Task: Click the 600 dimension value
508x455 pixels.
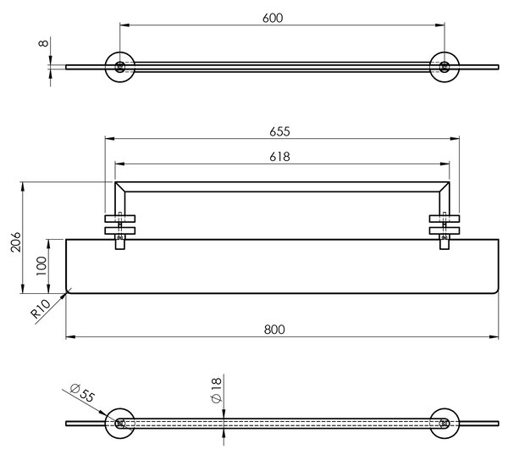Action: click(x=273, y=18)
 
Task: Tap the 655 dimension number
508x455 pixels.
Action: click(x=279, y=131)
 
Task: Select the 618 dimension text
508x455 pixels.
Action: click(x=279, y=157)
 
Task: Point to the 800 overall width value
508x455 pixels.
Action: click(x=274, y=330)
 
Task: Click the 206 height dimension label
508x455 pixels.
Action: click(x=15, y=241)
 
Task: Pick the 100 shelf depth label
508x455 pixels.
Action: click(x=41, y=266)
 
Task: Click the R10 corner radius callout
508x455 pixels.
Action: click(x=41, y=308)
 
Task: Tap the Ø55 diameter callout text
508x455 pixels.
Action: click(x=83, y=392)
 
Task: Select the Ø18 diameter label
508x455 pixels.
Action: click(x=216, y=390)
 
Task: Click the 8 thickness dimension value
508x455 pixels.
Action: click(x=43, y=43)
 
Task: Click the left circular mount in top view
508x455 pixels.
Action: click(x=120, y=67)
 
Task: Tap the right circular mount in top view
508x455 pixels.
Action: click(x=444, y=67)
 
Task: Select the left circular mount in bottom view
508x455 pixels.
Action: click(x=120, y=423)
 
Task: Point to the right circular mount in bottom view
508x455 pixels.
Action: click(x=444, y=423)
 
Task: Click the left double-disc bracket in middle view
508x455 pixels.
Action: click(x=120, y=225)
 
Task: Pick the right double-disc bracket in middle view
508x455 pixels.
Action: click(x=444, y=225)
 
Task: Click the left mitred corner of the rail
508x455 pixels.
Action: click(x=120, y=187)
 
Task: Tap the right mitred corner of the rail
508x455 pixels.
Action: click(x=444, y=187)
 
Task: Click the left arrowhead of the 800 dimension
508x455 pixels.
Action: click(x=70, y=337)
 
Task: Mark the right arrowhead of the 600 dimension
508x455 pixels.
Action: click(x=439, y=25)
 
